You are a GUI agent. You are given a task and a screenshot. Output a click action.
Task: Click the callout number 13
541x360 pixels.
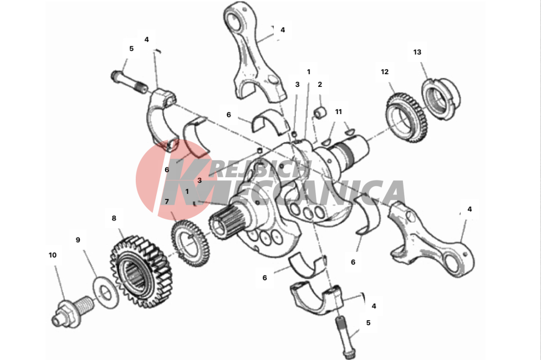[417, 52]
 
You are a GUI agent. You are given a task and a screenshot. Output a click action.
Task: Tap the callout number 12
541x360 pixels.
[385, 72]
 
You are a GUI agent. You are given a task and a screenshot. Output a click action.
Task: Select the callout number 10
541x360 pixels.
[53, 255]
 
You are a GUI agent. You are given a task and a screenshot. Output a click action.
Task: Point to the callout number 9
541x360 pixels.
[78, 240]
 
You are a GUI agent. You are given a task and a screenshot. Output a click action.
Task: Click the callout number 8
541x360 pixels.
[114, 218]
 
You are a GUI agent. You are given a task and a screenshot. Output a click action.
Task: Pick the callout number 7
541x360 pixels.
[167, 202]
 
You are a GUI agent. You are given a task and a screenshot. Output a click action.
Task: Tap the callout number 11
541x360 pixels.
[339, 112]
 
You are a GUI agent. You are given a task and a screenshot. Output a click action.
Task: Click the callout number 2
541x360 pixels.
[320, 85]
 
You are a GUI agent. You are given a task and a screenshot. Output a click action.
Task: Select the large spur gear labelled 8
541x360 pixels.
[140, 272]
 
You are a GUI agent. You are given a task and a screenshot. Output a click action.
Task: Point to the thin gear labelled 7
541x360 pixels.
[190, 243]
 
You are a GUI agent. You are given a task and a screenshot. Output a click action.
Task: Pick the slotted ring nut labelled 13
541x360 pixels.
[441, 99]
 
